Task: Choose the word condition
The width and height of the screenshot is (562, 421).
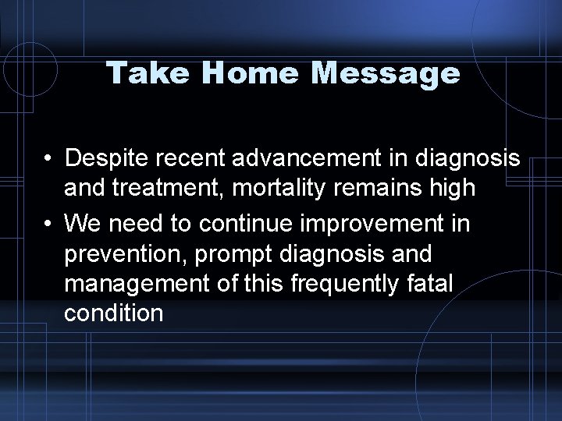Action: point(114,313)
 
